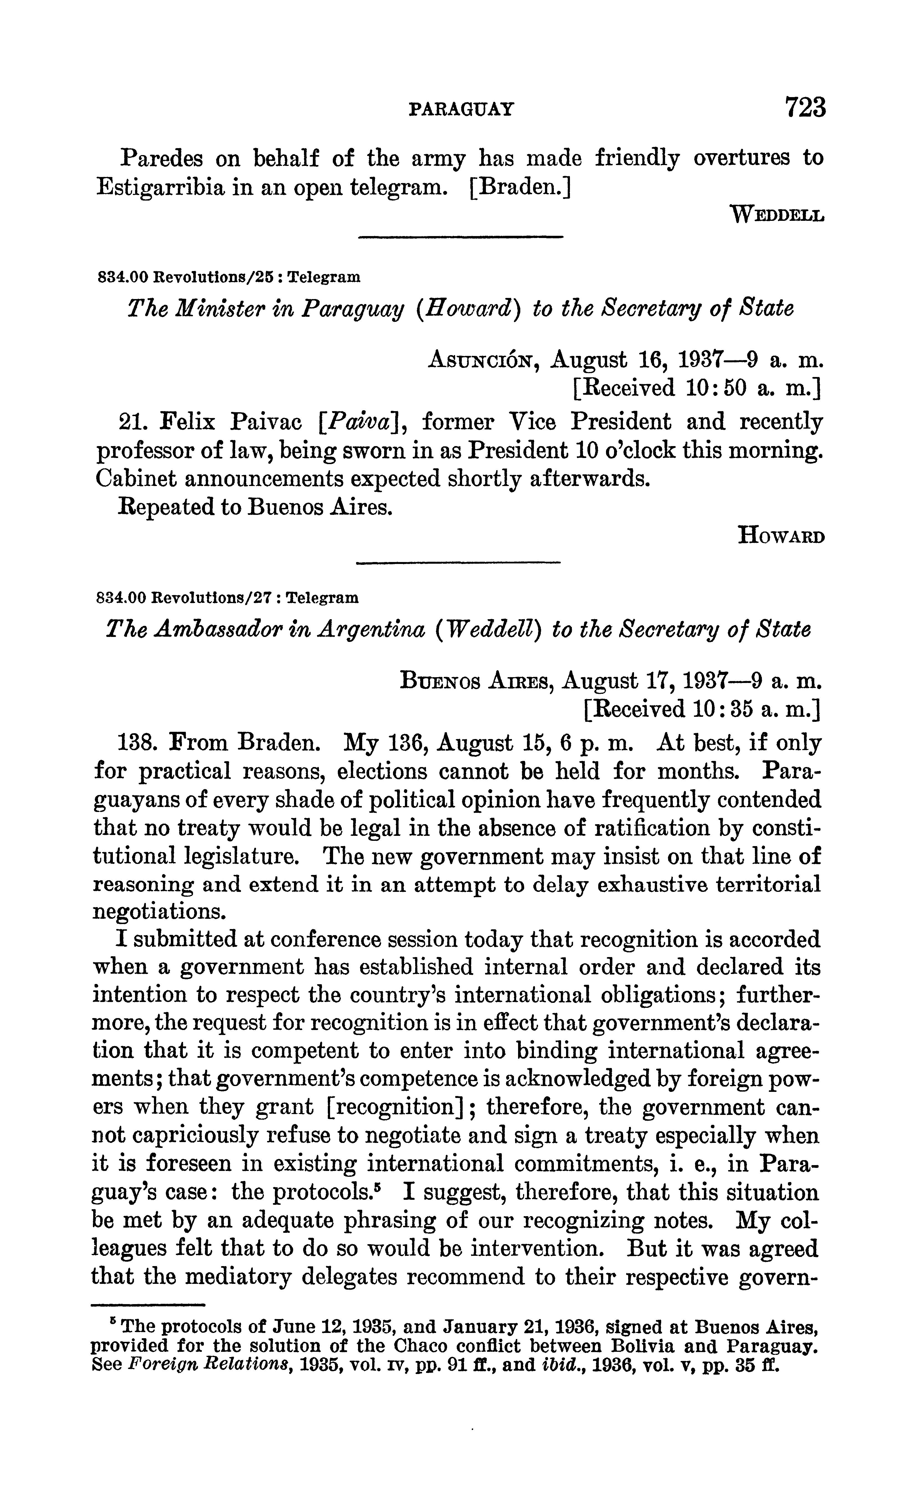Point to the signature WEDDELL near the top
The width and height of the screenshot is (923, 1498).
(777, 215)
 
